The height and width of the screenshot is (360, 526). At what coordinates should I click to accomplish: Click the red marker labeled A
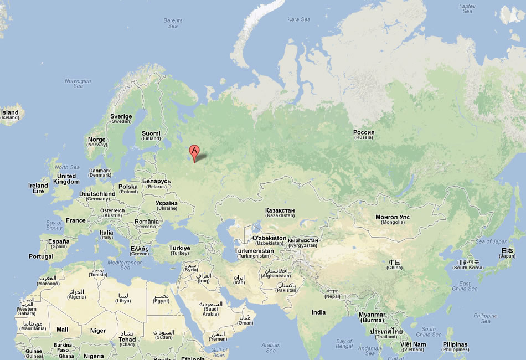coord(194,151)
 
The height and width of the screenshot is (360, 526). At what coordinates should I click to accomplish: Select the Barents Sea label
coord(173,23)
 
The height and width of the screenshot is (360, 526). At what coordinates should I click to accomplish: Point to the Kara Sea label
coord(299,19)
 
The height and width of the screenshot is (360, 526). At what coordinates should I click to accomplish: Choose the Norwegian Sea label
coord(78,83)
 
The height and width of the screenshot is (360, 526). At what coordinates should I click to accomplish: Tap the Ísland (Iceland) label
coord(9,115)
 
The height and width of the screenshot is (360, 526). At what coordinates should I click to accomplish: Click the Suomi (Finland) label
coord(151,136)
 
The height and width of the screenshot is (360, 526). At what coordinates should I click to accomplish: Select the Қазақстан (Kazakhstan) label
coord(280,213)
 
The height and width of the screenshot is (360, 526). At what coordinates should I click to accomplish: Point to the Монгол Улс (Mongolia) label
coord(393,219)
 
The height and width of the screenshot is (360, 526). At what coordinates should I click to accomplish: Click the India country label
coord(318,312)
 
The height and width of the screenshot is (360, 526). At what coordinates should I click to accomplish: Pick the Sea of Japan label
coord(491,241)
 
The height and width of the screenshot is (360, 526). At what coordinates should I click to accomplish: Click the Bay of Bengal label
coord(344,344)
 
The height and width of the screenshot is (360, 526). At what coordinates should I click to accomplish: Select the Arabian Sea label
coord(271,347)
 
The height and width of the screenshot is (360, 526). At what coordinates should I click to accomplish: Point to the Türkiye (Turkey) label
coord(179,250)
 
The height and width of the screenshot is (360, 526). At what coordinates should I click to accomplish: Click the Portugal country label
coord(41,256)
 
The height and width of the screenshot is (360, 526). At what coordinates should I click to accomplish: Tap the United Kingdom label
coord(67,179)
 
